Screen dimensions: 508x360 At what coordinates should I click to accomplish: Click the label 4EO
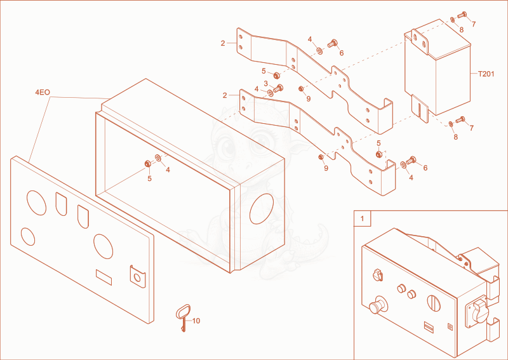[43, 92]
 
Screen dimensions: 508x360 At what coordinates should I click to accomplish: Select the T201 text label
[486, 74]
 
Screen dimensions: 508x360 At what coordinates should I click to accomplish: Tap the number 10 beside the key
[196, 321]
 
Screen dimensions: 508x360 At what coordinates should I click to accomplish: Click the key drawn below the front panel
[183, 317]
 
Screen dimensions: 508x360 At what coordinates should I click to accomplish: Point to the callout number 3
[265, 84]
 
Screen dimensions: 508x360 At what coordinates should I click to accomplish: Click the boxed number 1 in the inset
[362, 218]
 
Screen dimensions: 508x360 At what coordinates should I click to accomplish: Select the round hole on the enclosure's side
[262, 209]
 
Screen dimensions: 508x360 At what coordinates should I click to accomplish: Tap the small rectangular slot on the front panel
[104, 277]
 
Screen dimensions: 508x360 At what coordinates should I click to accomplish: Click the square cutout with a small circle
[138, 277]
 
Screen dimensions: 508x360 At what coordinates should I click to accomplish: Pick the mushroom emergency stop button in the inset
[378, 305]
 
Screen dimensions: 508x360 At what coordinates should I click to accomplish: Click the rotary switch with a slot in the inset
[434, 303]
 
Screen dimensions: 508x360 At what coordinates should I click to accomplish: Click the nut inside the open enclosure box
[147, 164]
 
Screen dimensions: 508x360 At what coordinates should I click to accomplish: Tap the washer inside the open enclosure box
[158, 158]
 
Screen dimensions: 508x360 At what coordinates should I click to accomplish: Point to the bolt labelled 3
[278, 88]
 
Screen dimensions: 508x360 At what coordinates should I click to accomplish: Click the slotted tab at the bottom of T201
[420, 109]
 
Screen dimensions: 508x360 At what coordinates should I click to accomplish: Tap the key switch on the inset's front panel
[378, 276]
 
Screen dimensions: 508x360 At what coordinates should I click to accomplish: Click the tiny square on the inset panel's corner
[450, 326]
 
